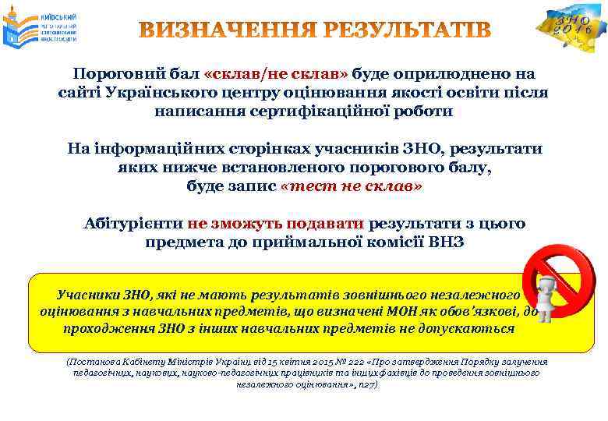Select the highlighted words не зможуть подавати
[276, 224]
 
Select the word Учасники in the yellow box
[86, 295]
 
